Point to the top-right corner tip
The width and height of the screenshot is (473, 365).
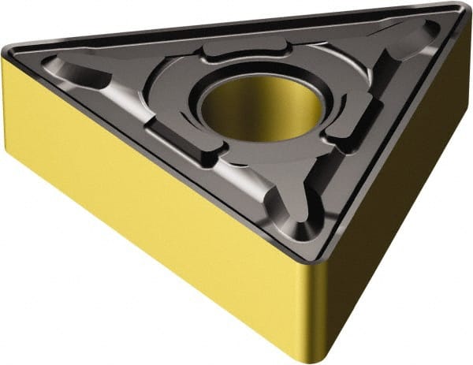pyautogui.click(x=458, y=10)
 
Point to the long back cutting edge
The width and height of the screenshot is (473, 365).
pyautogui.click(x=229, y=28)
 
